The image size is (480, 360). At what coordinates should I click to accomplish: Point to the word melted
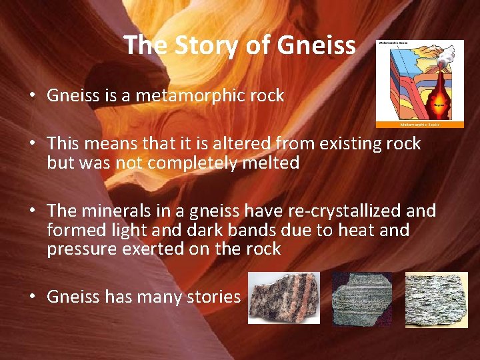(271, 163)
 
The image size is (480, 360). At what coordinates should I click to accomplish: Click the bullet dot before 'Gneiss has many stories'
(32, 297)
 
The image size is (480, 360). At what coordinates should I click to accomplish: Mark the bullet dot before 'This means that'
(32, 143)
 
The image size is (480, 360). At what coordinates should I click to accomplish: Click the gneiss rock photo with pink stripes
(284, 298)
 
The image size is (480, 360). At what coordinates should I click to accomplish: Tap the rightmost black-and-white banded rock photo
(436, 299)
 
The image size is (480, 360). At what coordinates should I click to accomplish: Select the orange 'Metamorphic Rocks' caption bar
(420, 124)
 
